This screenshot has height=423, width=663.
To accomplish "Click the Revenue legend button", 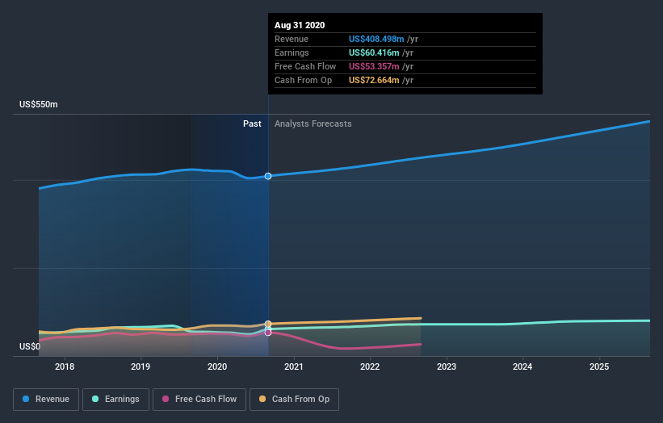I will tap(47, 399).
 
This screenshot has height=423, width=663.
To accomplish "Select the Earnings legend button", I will tap(115, 399).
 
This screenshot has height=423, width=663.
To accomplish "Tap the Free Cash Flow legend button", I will tap(199, 399).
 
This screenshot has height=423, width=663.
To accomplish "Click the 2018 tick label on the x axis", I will tap(65, 366).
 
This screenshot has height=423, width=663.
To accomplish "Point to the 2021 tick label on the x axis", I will tap(294, 366).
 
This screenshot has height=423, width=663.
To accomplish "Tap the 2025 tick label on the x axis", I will tap(599, 366).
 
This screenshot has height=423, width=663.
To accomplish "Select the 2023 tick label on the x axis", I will tap(447, 366).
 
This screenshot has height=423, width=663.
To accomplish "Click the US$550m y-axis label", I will tap(39, 105).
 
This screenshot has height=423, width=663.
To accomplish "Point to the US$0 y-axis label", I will tap(30, 346).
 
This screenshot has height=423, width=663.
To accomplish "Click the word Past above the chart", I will tap(252, 124).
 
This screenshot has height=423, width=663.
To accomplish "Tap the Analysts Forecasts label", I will tap(313, 124).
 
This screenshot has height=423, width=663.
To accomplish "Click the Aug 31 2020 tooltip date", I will tap(300, 25).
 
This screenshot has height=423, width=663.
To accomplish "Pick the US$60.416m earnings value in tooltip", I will tap(376, 52).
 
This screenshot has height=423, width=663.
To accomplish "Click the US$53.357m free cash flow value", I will tap(376, 66).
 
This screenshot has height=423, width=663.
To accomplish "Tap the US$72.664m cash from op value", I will tap(376, 80).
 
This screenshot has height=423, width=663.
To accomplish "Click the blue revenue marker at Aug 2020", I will tap(268, 176).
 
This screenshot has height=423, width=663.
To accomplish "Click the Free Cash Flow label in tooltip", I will tap(305, 66).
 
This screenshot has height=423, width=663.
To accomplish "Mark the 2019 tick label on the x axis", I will tap(141, 366).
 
